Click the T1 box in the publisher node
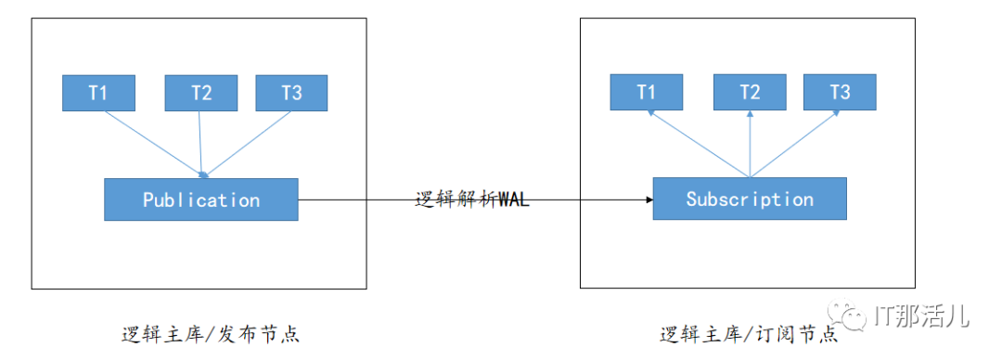98,93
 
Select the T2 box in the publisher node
201,93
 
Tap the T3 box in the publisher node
291,93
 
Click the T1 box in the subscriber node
646,92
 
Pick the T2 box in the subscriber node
750,92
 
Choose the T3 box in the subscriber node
840,92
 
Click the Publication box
201,199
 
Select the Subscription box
750,199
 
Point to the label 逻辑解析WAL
472,199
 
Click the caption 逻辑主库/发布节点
211,334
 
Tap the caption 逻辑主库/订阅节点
749,334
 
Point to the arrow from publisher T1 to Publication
155,144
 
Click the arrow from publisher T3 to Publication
249,144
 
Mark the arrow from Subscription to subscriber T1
698,144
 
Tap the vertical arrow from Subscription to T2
750,144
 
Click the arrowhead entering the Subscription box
649,200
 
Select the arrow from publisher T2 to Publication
202,144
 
